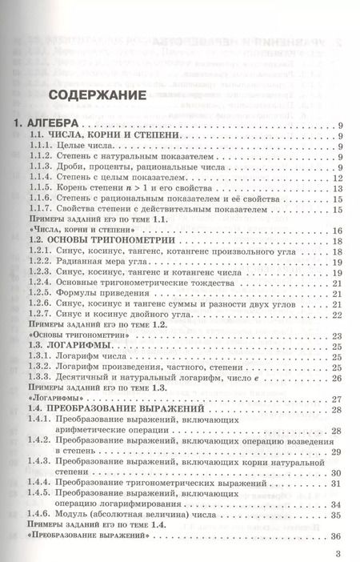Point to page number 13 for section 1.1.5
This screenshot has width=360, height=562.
click(x=337, y=188)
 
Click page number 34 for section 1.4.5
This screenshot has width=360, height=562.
click(x=337, y=504)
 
